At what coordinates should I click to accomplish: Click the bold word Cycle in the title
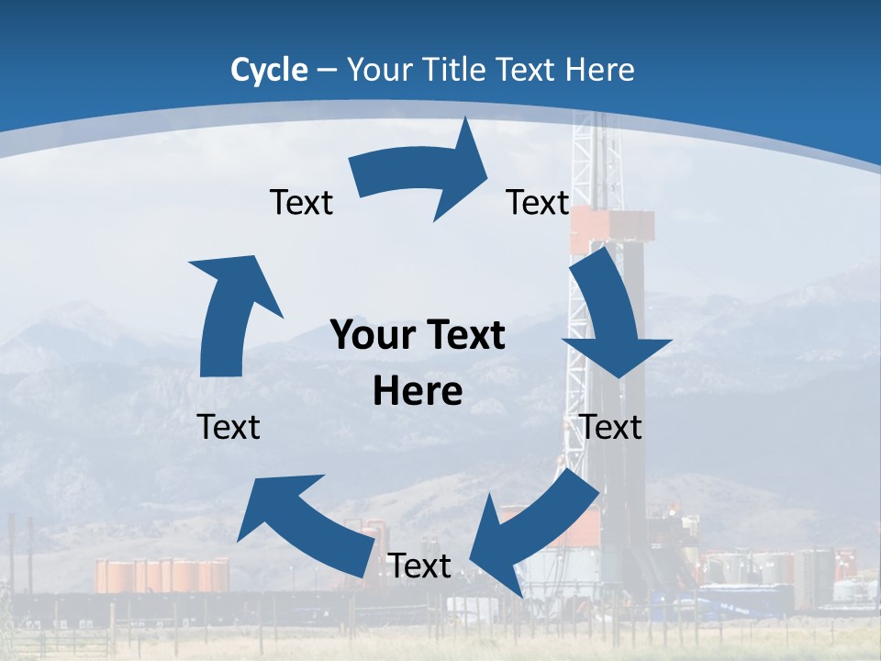coord(269,70)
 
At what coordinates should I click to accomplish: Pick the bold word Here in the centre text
coord(418,392)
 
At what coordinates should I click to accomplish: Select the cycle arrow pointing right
coord(422,174)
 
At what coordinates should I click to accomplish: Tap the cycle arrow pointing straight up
coord(229,312)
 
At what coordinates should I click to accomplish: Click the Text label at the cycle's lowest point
coord(419,566)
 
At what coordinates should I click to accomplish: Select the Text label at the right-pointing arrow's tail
coord(301,202)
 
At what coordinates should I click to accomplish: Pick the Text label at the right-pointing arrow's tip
coord(538,202)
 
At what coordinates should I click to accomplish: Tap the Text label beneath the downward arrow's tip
coord(611,427)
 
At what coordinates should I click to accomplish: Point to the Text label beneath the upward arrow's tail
coord(229,427)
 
